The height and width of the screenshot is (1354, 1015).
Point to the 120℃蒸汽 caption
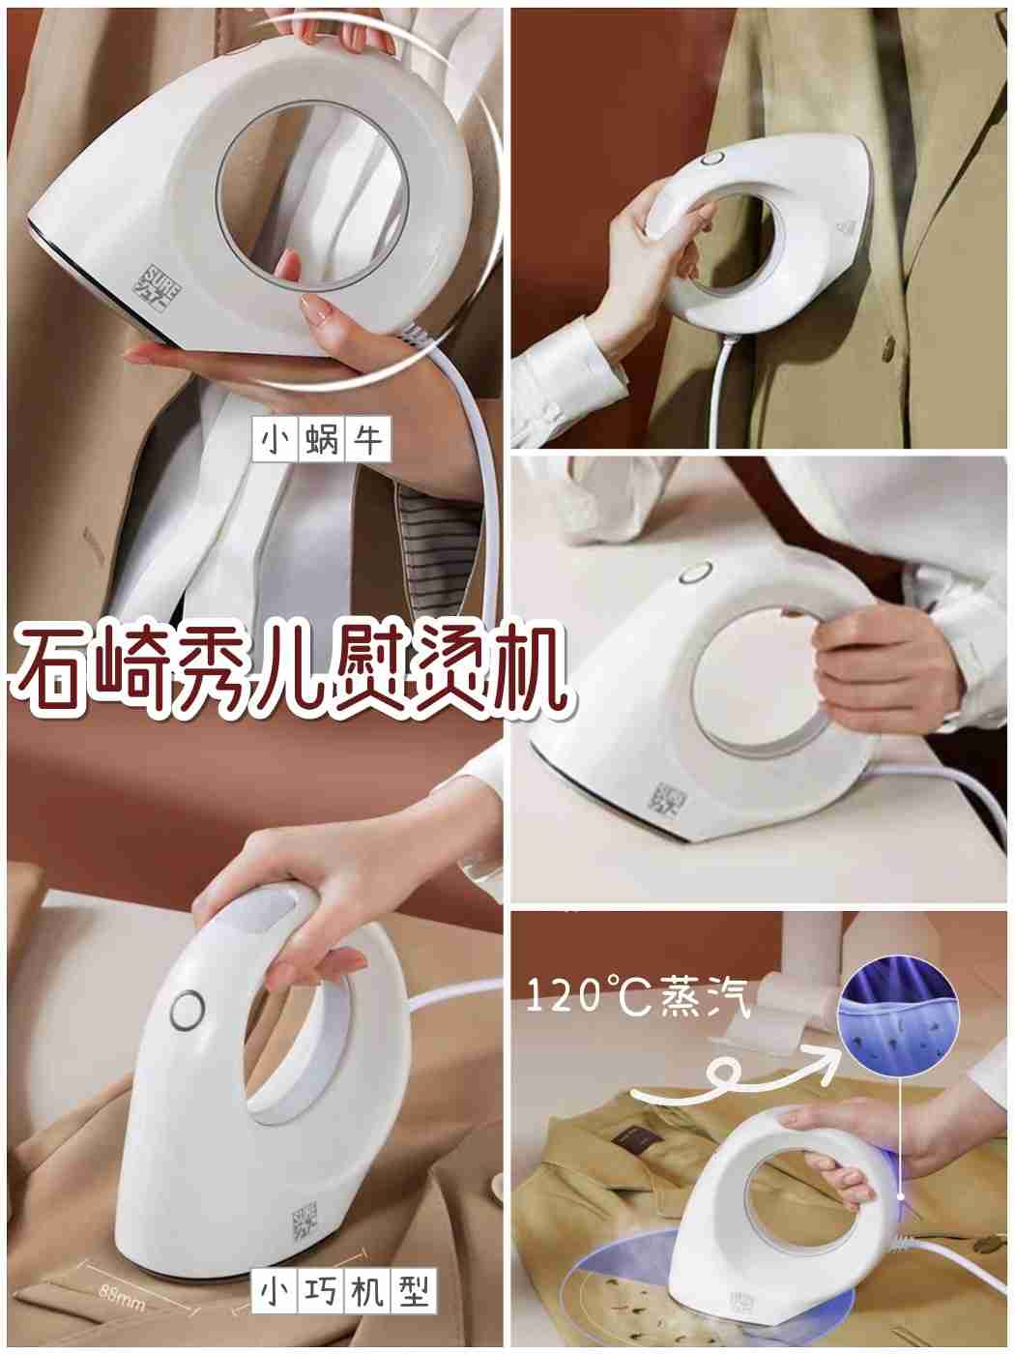pos(638,997)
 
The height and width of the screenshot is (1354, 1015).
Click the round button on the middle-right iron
pos(692,574)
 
